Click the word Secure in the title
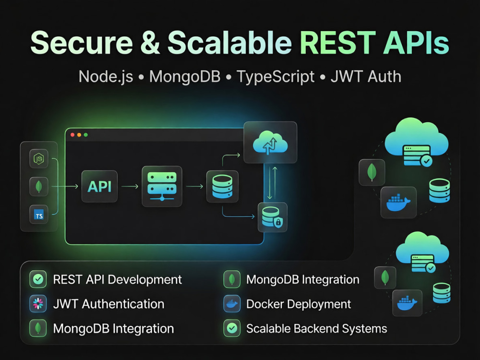click(x=82, y=43)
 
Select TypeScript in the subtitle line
click(x=276, y=77)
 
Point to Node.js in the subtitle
click(x=106, y=77)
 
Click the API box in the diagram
click(x=99, y=186)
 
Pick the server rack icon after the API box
click(x=162, y=186)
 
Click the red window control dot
click(x=72, y=135)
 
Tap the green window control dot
click(x=86, y=135)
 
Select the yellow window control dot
click(x=79, y=135)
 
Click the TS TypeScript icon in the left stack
click(x=39, y=214)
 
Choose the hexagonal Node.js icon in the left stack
click(x=39, y=158)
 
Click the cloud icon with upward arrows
click(x=270, y=143)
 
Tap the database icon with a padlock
click(x=273, y=217)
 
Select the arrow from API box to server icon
click(x=130, y=186)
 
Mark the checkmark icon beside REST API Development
click(x=38, y=279)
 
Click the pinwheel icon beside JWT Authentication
click(x=38, y=304)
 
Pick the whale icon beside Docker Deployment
click(x=232, y=304)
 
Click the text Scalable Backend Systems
click(x=316, y=328)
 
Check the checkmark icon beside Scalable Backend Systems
click(x=232, y=328)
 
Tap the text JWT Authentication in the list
click(x=108, y=304)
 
